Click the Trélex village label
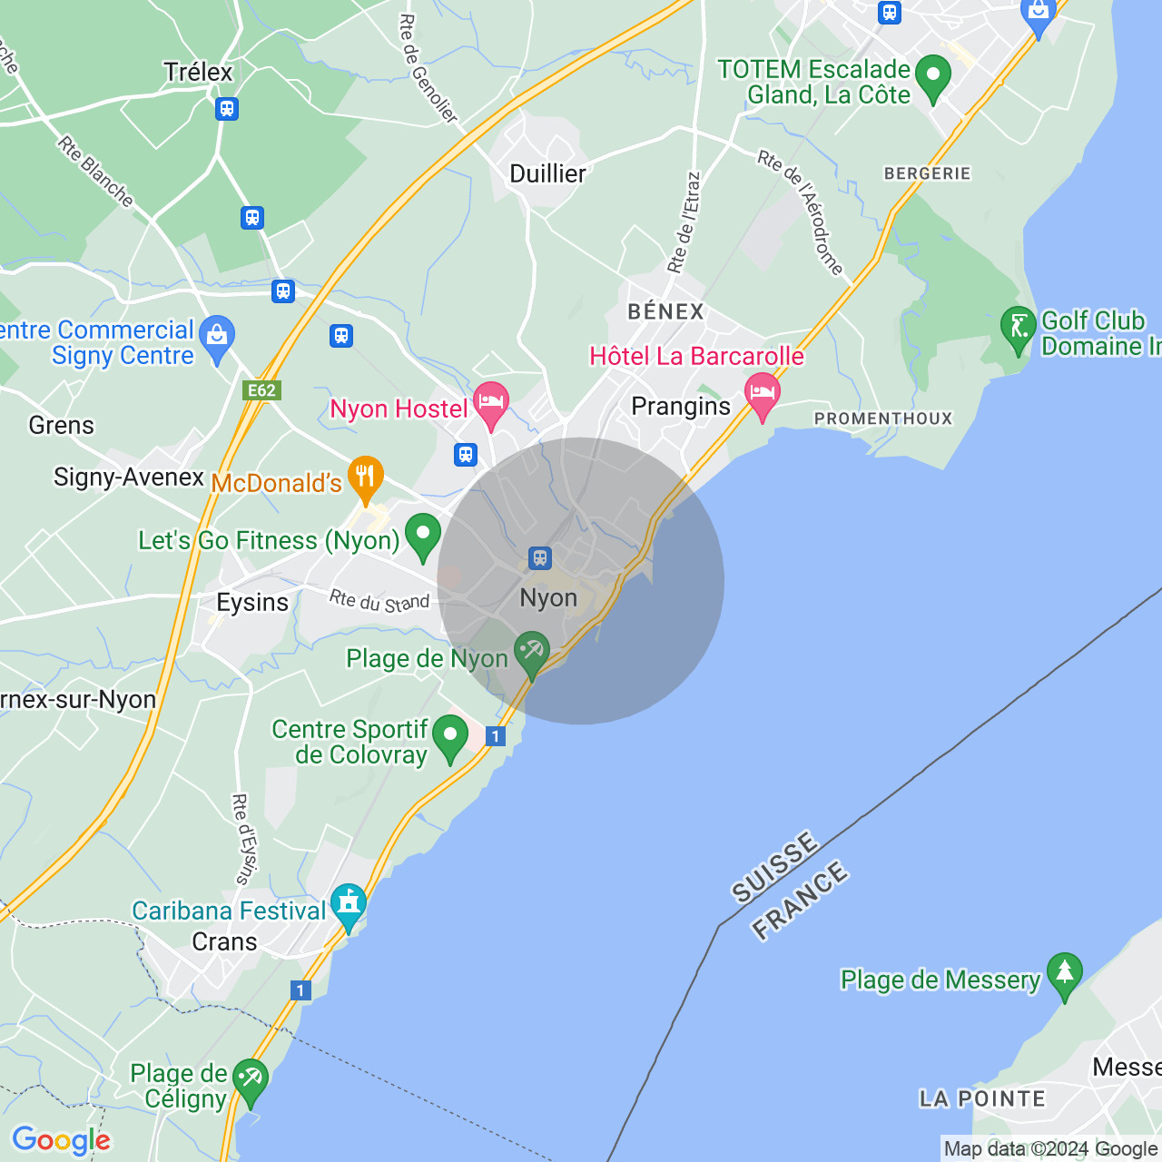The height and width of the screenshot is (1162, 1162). pyautogui.click(x=198, y=72)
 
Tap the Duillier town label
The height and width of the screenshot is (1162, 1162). pyautogui.click(x=547, y=173)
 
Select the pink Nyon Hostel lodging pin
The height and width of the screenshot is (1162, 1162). pyautogui.click(x=491, y=403)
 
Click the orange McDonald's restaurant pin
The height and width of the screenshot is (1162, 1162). pyautogui.click(x=365, y=478)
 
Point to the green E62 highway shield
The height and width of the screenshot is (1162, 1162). pyautogui.click(x=261, y=390)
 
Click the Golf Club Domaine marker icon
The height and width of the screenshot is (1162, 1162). pyautogui.click(x=1018, y=328)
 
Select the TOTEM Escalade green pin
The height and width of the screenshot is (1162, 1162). pyautogui.click(x=932, y=76)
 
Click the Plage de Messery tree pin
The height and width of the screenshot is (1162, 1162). pyautogui.click(x=1064, y=974)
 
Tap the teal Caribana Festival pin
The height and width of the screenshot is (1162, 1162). pyautogui.click(x=349, y=905)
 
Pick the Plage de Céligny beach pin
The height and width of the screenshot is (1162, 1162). pyautogui.click(x=250, y=1080)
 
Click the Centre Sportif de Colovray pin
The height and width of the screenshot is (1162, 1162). pyautogui.click(x=449, y=736)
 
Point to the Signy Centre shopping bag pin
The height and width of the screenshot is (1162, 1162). pyautogui.click(x=217, y=337)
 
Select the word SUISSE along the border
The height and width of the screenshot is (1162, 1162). pyautogui.click(x=774, y=868)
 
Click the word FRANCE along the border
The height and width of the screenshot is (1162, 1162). pyautogui.click(x=800, y=901)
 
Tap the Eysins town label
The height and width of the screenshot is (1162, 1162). pyautogui.click(x=252, y=603)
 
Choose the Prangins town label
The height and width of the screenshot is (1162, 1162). pyautogui.click(x=681, y=406)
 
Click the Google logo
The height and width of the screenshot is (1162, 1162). pyautogui.click(x=61, y=1140)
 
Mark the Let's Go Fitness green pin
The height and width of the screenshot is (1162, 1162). pyautogui.click(x=422, y=535)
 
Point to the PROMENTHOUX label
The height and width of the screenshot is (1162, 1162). pyautogui.click(x=883, y=419)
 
